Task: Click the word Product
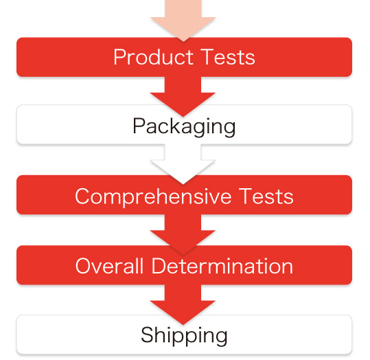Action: click(x=154, y=57)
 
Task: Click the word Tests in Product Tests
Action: click(x=228, y=57)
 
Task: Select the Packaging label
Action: click(x=184, y=127)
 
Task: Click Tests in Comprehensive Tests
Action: click(x=266, y=196)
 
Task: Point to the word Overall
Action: click(x=109, y=266)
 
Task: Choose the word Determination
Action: click(x=222, y=266)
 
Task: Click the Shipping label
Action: click(x=184, y=335)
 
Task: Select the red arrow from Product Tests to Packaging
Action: click(x=183, y=96)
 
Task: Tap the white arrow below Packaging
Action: click(x=183, y=164)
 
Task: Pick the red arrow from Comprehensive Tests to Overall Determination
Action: click(x=183, y=234)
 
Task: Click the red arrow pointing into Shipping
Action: click(x=183, y=305)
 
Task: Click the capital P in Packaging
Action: click(x=139, y=126)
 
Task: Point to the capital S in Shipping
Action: click(x=147, y=335)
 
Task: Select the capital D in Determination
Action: click(x=159, y=266)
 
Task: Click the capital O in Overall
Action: click(x=84, y=266)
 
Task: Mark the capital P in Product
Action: click(x=119, y=57)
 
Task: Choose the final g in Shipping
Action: click(x=220, y=338)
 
